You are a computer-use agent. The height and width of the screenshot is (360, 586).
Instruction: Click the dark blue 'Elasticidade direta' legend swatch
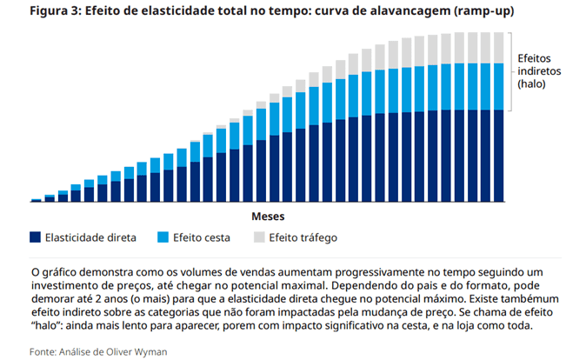pyautogui.click(x=35, y=237)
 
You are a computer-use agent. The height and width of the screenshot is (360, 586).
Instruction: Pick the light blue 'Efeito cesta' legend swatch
pyautogui.click(x=163, y=237)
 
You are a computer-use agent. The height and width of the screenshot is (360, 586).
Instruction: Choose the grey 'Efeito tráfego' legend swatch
pyautogui.click(x=259, y=237)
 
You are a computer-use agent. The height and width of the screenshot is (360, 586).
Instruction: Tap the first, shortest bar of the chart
pyautogui.click(x=36, y=200)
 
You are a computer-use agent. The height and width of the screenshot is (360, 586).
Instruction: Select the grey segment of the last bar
pyautogui.click(x=498, y=47)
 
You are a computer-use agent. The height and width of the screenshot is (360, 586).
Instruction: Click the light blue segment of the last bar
pyautogui.click(x=498, y=86)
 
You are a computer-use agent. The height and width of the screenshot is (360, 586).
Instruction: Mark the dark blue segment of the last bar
pyautogui.click(x=498, y=156)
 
